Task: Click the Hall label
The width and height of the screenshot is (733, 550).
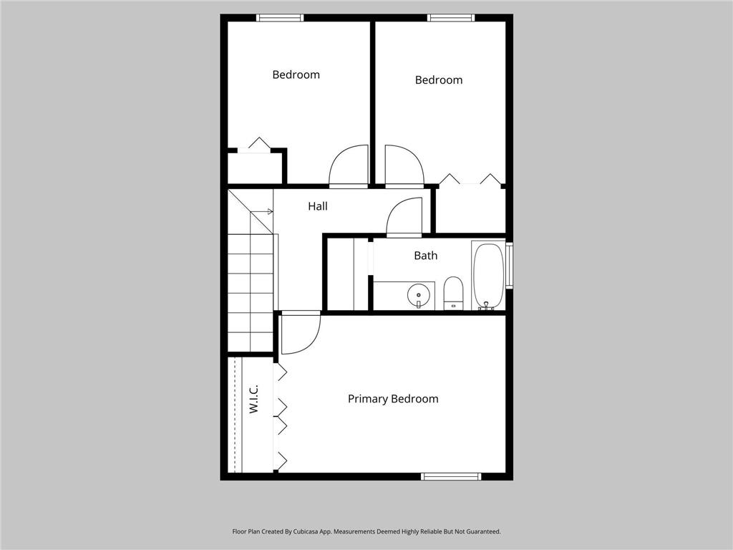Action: [318, 206]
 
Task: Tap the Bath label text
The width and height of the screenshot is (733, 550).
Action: [425, 256]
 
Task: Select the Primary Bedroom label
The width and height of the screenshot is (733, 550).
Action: [393, 399]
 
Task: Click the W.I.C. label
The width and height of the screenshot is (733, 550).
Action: [253, 399]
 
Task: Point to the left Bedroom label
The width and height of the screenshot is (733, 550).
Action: [296, 74]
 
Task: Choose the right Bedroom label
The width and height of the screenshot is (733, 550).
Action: [439, 80]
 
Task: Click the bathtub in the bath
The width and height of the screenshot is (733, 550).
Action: [488, 276]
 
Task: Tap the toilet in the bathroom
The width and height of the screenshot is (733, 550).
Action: [454, 293]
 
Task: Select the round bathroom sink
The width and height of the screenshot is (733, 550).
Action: [418, 295]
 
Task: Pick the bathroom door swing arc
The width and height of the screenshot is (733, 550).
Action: [404, 216]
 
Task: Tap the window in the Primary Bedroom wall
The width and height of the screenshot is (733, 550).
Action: [451, 476]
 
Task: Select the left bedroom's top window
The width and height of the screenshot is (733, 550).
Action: [280, 18]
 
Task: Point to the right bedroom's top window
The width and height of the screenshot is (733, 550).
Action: [450, 18]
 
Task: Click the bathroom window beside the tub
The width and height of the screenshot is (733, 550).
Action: [509, 265]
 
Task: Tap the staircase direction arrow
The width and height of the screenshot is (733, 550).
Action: [268, 211]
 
